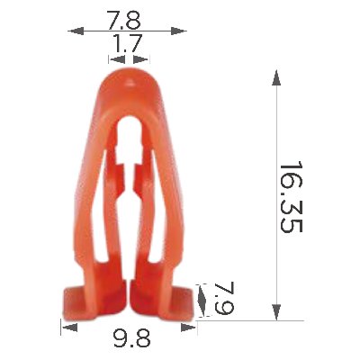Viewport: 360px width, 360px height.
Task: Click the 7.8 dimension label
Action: click(x=124, y=20)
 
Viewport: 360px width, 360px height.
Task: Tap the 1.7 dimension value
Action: click(x=126, y=43)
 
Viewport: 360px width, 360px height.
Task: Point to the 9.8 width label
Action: click(x=131, y=337)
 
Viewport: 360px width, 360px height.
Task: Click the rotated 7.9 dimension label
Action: click(x=224, y=298)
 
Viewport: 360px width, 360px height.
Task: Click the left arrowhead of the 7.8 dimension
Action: click(x=76, y=31)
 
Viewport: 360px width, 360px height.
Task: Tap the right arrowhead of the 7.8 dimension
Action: click(x=179, y=31)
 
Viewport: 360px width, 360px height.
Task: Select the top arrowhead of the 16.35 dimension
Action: click(x=276, y=78)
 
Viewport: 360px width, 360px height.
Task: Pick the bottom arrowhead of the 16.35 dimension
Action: click(x=276, y=312)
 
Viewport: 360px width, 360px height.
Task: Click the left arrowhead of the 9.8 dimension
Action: click(x=69, y=328)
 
